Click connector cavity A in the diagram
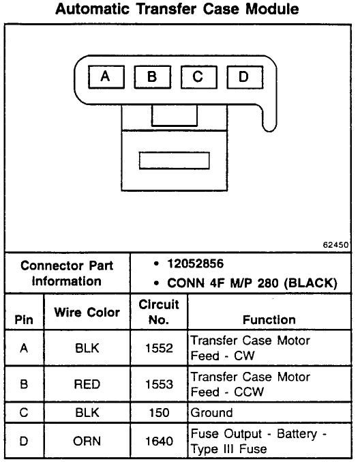106,77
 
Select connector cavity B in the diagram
153,77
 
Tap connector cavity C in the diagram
198,77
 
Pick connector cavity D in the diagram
245,77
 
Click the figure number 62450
335,245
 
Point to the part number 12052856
196,263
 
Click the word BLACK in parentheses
310,283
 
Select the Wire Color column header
87,312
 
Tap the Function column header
269,319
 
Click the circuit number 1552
159,348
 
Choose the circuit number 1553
159,384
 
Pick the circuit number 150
159,412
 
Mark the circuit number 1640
159,441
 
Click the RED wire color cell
87,384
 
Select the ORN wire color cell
87,441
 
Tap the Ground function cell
211,412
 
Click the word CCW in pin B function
249,392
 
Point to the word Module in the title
272,9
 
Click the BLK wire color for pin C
87,412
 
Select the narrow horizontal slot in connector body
175,160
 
